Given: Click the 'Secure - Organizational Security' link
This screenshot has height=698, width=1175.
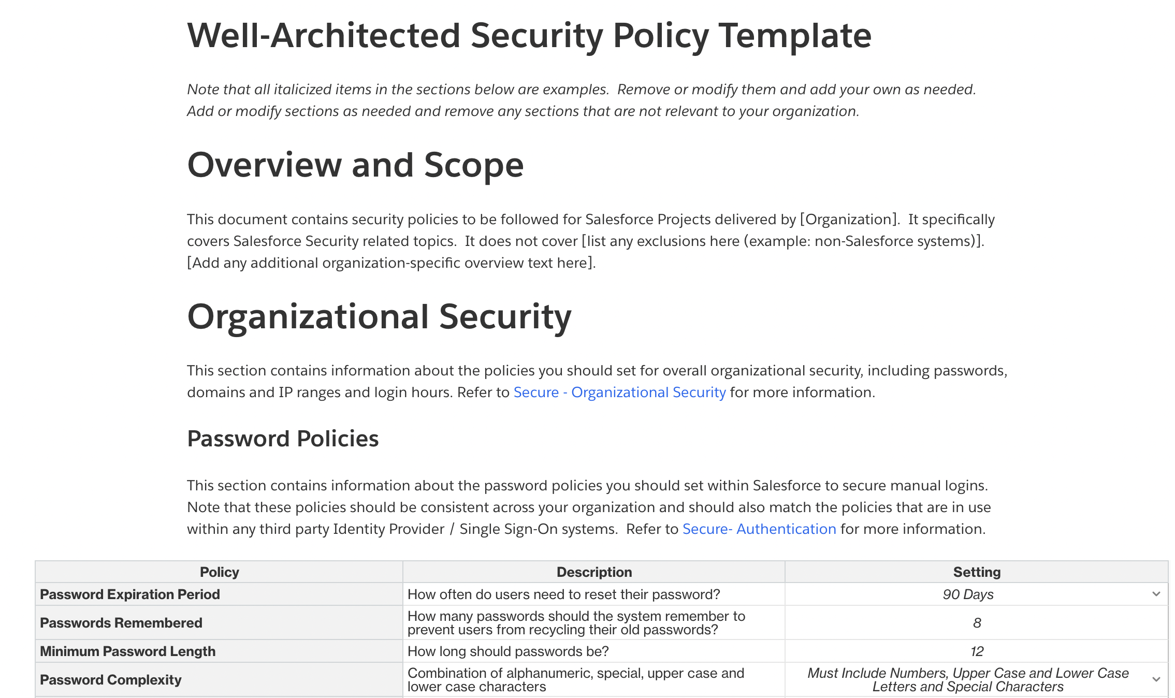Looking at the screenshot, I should coord(619,392).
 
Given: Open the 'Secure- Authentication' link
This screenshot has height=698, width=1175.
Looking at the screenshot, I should coord(759,529).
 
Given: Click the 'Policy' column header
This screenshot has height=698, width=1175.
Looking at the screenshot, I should coord(219,572).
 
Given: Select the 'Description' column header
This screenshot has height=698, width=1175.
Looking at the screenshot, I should coord(594,572).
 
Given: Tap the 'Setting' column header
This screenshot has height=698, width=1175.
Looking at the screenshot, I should coord(977,572).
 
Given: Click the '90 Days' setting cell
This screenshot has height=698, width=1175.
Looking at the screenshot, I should coord(968,594).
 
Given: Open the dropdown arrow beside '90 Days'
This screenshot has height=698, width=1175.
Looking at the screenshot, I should coord(1156,594).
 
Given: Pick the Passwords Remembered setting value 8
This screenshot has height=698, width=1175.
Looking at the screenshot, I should coord(977,623).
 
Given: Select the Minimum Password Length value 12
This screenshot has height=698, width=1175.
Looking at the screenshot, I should coord(977,651).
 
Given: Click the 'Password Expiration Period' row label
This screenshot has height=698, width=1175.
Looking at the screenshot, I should coord(130,594).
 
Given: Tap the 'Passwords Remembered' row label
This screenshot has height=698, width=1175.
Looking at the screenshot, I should coord(121,623).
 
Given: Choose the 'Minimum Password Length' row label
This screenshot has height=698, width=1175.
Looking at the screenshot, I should coord(128,651).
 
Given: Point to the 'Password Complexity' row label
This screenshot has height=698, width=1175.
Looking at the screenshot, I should coord(111,680).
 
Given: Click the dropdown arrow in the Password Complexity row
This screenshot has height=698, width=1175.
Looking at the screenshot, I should coord(1156,679).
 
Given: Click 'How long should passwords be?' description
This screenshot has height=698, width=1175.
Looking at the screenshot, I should coord(508,651).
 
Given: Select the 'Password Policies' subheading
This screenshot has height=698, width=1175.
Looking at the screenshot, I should coord(283,439).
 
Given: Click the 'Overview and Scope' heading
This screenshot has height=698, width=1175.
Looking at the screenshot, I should coord(355,165).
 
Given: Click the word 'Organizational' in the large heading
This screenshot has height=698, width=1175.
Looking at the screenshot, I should coord(308,317).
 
